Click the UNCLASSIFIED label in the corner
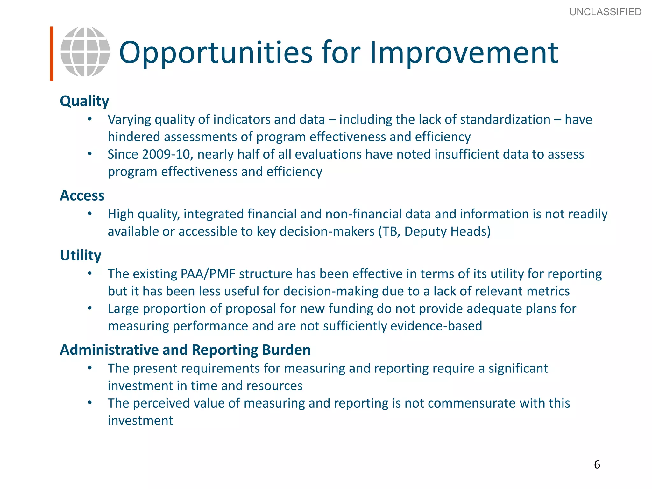605,12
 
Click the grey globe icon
85,52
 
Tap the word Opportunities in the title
216,53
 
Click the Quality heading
84,101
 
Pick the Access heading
82,195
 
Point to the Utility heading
81,255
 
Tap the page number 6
597,464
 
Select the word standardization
505,120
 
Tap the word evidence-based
436,326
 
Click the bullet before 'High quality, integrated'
90,214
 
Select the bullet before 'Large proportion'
90,308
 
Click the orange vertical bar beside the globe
52,53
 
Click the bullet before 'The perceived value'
90,403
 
